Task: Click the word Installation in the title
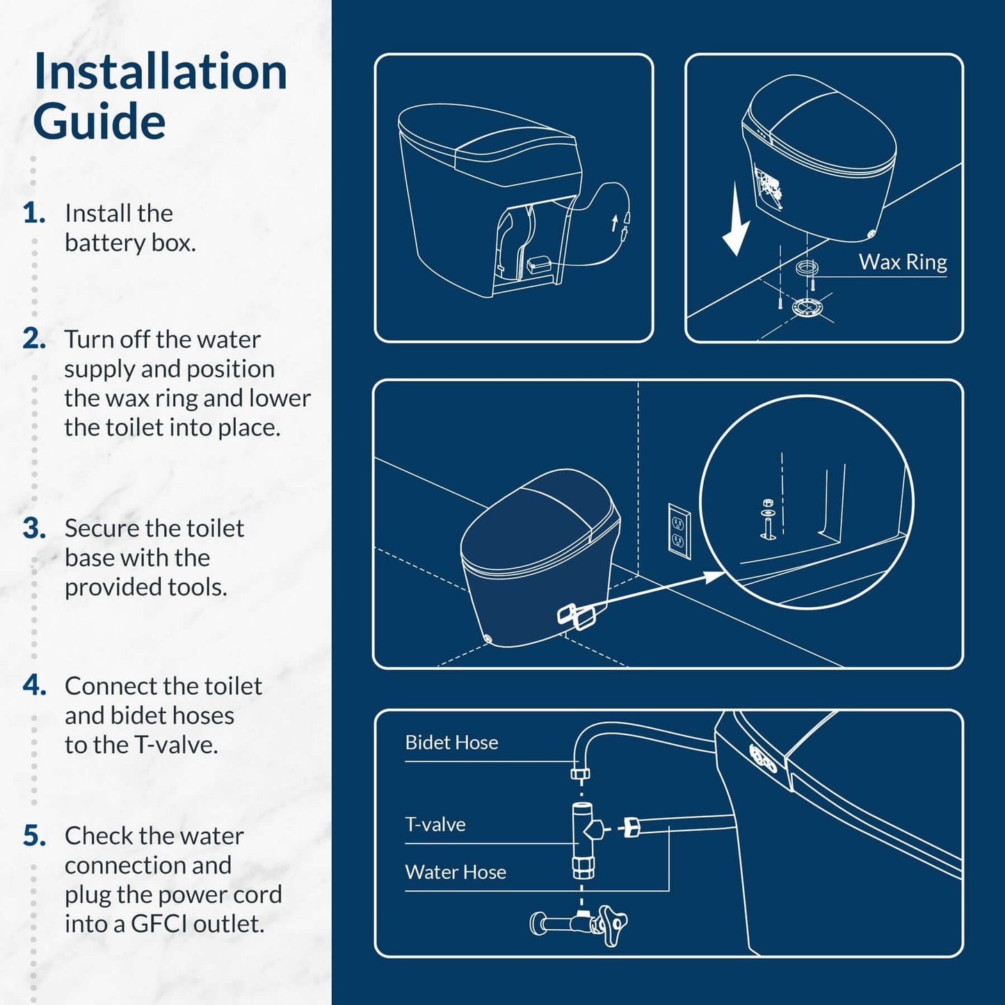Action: click(x=161, y=72)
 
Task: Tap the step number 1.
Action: click(x=34, y=213)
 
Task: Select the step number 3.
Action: click(x=34, y=528)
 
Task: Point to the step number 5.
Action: click(x=34, y=835)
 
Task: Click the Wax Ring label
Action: click(x=902, y=262)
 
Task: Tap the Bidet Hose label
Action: click(x=451, y=742)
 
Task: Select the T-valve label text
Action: click(x=435, y=824)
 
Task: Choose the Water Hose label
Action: click(x=456, y=872)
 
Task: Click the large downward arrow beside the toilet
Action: click(x=736, y=219)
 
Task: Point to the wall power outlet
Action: click(x=680, y=531)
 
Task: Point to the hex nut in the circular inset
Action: click(x=767, y=503)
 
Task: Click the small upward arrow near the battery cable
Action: click(x=614, y=224)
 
